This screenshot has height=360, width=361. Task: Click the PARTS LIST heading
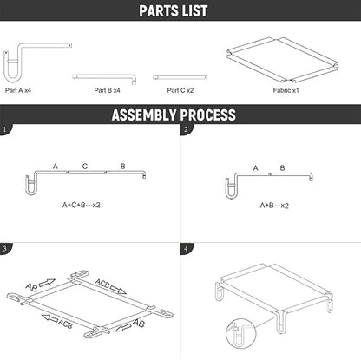[x=180, y=11]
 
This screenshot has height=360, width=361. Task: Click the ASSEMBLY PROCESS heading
[x=180, y=115]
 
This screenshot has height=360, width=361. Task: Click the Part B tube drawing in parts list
[x=96, y=77]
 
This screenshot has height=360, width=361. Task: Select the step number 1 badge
[x=5, y=130]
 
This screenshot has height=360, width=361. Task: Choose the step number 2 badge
[x=186, y=130]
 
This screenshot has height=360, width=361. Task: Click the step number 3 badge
[x=5, y=248]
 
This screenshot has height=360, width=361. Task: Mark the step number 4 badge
[x=186, y=248]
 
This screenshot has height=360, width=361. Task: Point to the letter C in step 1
[x=84, y=165]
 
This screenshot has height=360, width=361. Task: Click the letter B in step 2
[x=282, y=167]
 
